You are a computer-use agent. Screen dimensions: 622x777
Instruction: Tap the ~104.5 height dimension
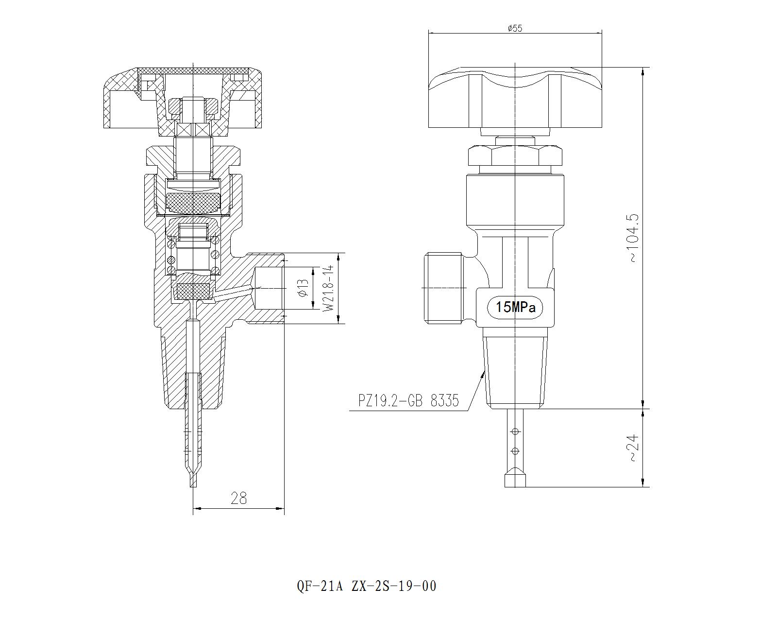pos(634,238)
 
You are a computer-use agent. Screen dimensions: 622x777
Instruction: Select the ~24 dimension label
pos(634,448)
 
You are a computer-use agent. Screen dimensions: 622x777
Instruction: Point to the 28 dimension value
pos(238,498)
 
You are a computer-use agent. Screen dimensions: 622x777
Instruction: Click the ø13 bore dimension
pos(302,288)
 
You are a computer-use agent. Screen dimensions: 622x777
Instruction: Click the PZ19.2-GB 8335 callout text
pos(408,401)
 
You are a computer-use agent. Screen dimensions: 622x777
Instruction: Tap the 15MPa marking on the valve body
pos(515,308)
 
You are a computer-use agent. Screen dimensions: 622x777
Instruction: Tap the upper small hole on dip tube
pos(516,431)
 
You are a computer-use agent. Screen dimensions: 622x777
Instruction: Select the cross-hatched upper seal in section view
pos(193,203)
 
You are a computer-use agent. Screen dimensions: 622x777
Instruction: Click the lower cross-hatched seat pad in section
pos(193,291)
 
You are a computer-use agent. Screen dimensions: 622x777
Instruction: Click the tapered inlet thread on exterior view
pos(515,369)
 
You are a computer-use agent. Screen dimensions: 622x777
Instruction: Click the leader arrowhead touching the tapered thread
pos(483,372)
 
